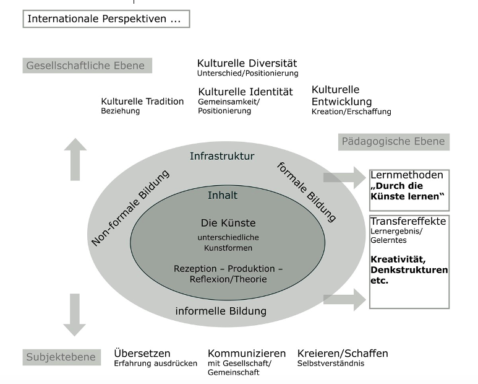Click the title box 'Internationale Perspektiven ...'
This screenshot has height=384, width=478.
pyautogui.click(x=106, y=19)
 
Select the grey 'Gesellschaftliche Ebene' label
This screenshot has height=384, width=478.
pyautogui.click(x=86, y=66)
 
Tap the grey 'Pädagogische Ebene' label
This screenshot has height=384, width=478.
pyautogui.click(x=393, y=142)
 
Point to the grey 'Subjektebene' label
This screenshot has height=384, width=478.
pyautogui.click(x=61, y=357)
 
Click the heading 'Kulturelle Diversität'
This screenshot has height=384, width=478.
pyautogui.click(x=247, y=63)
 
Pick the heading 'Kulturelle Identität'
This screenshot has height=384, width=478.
pyautogui.click(x=245, y=92)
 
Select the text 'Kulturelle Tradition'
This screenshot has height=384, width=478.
pyautogui.click(x=142, y=101)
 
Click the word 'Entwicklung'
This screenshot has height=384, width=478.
pyautogui.click(x=341, y=101)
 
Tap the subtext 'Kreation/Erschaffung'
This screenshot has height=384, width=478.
pyautogui.click(x=351, y=111)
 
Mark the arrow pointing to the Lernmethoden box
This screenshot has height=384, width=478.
pyautogui.click(x=345, y=177)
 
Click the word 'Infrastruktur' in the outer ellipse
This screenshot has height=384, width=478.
pyautogui.click(x=222, y=157)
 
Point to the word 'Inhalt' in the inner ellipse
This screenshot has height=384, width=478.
pyautogui.click(x=223, y=195)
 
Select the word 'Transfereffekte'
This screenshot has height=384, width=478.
pyautogui.click(x=408, y=222)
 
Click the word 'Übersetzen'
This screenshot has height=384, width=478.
pyautogui.click(x=142, y=353)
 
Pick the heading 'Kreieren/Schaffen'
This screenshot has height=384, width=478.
pyautogui.click(x=343, y=353)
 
